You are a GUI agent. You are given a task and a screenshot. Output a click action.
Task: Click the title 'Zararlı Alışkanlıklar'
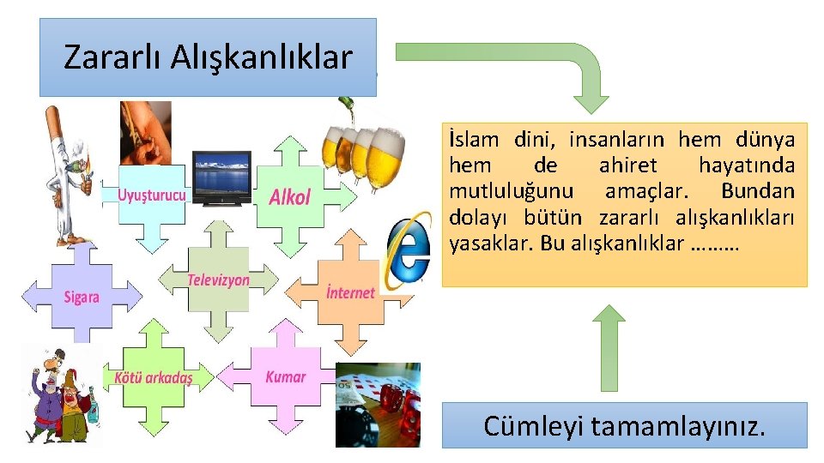point(208,57)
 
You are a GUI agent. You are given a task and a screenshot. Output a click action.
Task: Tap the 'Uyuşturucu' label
point(151,195)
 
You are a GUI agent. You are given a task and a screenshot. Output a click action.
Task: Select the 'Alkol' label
point(289,197)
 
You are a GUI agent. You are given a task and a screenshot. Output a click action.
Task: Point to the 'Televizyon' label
point(218,280)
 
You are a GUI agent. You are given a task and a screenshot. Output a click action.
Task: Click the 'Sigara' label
point(82,298)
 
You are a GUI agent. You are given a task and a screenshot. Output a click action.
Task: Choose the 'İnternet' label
point(350,292)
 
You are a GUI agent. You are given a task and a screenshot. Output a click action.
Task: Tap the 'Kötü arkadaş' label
point(153,378)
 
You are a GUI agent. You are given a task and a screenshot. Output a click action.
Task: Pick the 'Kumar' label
point(285,376)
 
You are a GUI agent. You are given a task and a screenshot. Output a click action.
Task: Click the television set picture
point(221,178)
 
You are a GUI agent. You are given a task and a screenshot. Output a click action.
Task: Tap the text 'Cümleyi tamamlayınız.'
point(624,425)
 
